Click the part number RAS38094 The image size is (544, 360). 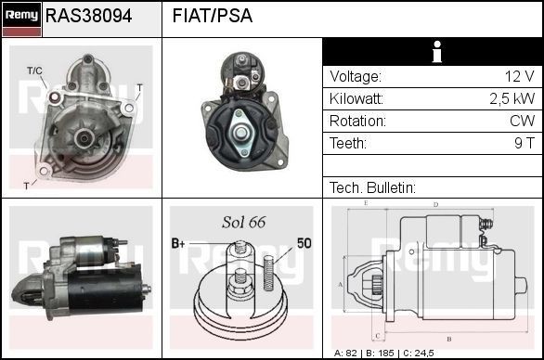[88, 17]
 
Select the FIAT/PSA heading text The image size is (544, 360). [213, 17]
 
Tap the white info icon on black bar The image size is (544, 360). [433, 52]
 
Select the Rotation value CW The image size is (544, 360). [523, 121]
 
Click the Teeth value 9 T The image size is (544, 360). [525, 143]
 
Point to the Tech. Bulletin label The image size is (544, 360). [371, 187]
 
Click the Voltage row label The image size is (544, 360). [356, 77]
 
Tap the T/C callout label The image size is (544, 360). [34, 71]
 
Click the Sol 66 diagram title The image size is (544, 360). [244, 222]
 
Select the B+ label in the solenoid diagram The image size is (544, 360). [178, 243]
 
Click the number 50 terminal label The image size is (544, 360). [304, 243]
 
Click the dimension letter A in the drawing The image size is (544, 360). [341, 284]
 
